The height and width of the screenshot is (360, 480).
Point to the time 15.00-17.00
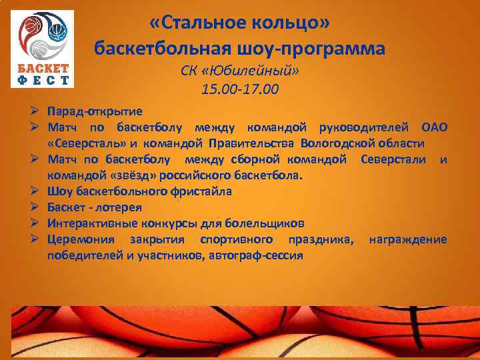coord(240,88)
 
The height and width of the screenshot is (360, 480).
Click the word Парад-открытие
coord(94,111)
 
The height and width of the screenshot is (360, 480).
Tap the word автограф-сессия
coord(255,255)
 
